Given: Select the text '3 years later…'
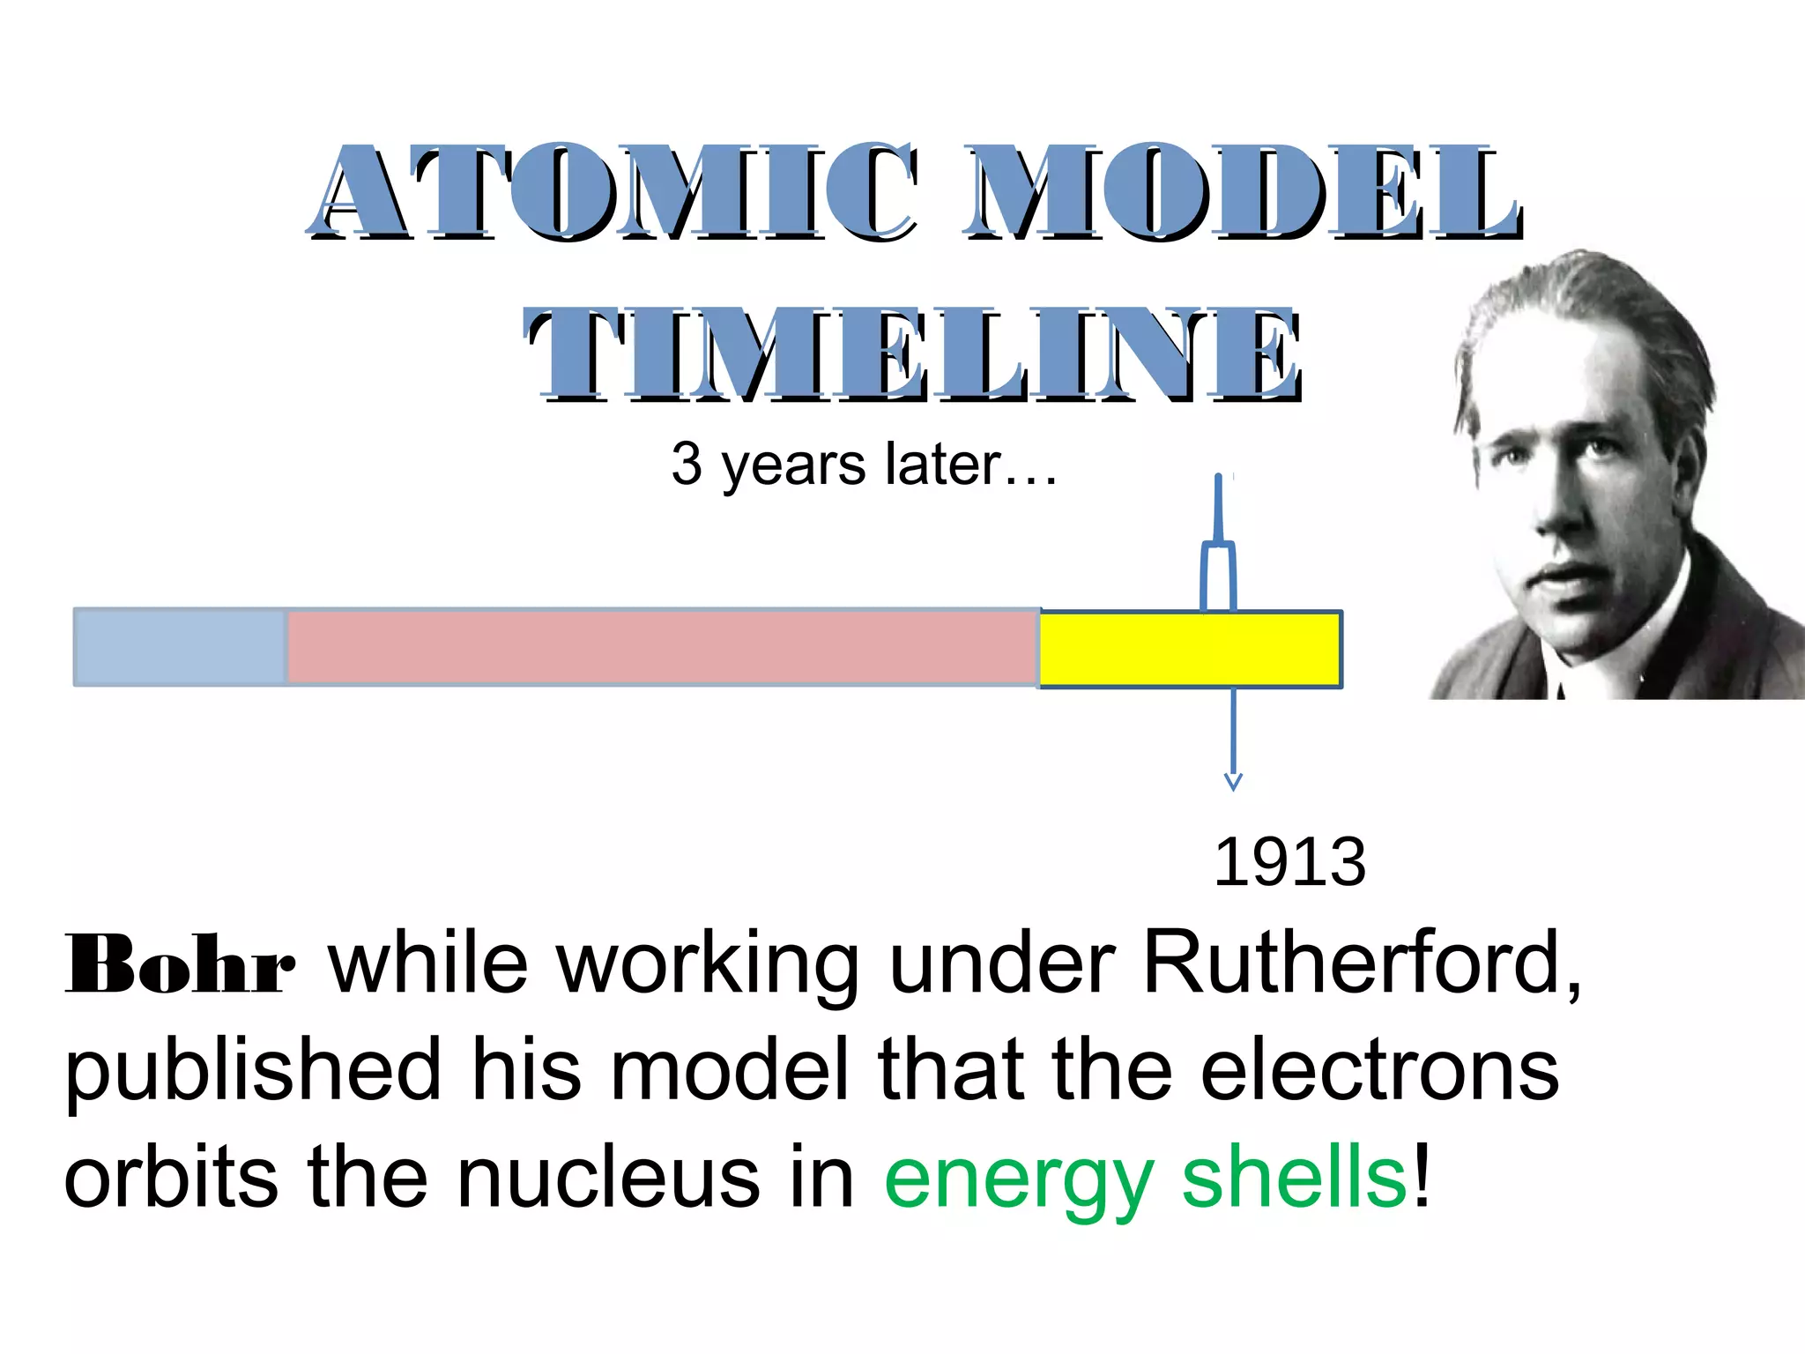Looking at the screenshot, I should (x=864, y=465).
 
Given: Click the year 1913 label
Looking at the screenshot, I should (x=1289, y=862).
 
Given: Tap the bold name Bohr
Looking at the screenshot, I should (x=180, y=965).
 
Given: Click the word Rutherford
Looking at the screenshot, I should (x=1361, y=963).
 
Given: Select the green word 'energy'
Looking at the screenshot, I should (x=1018, y=1181).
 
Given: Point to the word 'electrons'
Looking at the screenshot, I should (x=1379, y=1070).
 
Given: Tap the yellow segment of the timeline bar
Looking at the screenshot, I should (x=1190, y=650).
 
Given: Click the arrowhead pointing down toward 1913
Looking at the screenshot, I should (x=1233, y=781).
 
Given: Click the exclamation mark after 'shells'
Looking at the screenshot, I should (x=1422, y=1177).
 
